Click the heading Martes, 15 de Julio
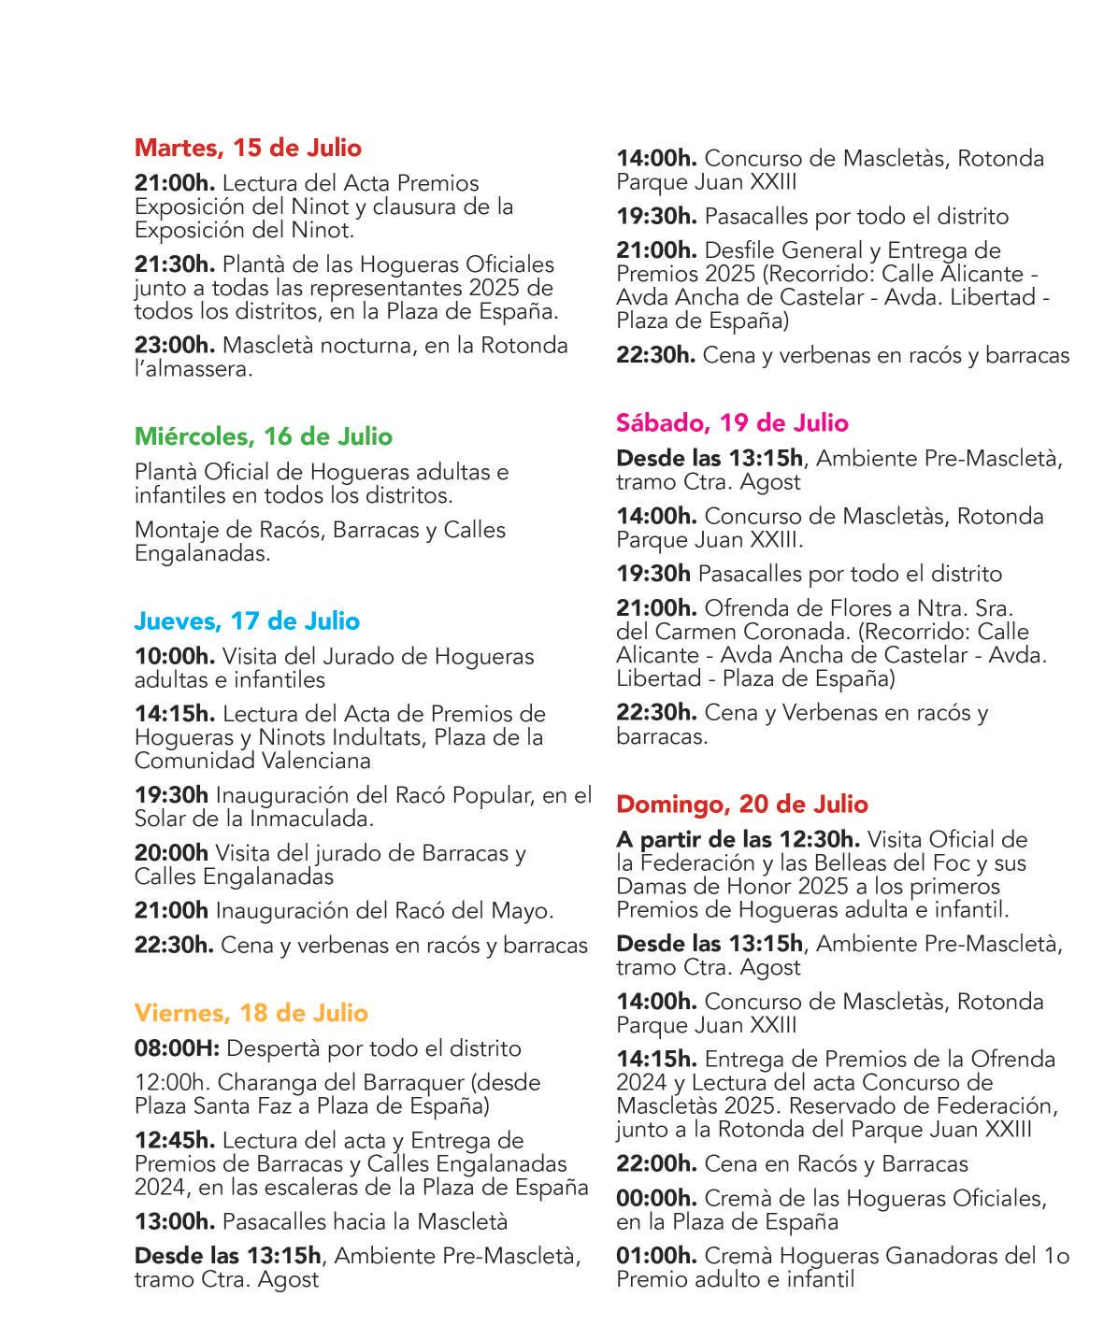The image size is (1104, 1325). (x=248, y=148)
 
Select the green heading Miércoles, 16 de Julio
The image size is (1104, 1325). (x=264, y=436)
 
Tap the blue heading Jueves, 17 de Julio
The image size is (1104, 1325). (x=247, y=620)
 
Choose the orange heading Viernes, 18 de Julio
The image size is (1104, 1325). (x=251, y=1013)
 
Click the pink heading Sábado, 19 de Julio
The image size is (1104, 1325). (x=732, y=422)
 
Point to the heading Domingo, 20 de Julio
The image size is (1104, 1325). (x=742, y=804)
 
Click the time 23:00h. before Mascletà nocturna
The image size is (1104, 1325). (x=175, y=346)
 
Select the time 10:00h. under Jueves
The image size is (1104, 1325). (x=175, y=657)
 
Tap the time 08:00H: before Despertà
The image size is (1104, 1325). (x=177, y=1048)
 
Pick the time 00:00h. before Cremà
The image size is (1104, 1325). (x=656, y=1198)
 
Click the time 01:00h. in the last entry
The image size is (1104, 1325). (x=656, y=1256)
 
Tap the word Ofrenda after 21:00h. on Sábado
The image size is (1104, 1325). (x=744, y=607)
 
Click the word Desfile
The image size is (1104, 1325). (x=738, y=250)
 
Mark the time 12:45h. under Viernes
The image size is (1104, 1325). (x=175, y=1140)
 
